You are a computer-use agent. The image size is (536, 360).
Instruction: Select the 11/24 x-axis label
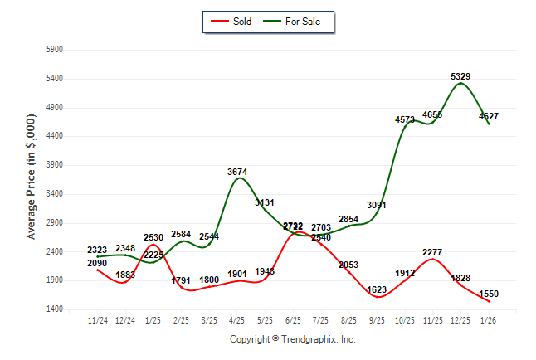click(x=98, y=320)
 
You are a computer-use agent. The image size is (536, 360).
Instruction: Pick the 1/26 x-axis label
click(x=489, y=320)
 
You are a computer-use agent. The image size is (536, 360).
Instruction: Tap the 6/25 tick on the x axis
click(x=293, y=320)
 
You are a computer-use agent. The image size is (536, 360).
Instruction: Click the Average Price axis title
click(x=32, y=178)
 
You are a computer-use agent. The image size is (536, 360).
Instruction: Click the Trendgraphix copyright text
click(x=292, y=339)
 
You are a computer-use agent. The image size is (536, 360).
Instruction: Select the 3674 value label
click(x=237, y=172)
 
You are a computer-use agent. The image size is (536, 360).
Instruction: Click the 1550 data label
click(x=489, y=294)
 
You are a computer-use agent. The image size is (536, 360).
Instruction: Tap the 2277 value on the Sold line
click(x=432, y=252)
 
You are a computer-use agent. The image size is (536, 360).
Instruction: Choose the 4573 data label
click(x=405, y=120)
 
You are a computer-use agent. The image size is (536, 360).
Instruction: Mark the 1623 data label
click(x=377, y=289)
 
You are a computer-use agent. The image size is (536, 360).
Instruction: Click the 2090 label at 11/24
click(x=97, y=263)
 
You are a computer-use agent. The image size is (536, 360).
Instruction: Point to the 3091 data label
click(x=377, y=205)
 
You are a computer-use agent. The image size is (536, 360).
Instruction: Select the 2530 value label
click(x=153, y=238)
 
